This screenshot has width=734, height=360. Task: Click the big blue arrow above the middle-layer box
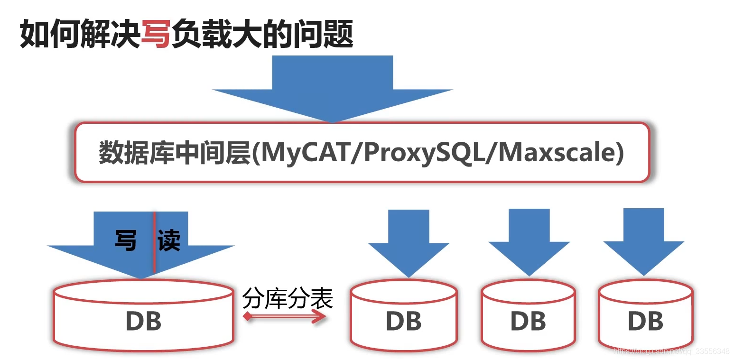(x=332, y=88)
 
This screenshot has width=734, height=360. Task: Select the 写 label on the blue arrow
(x=126, y=240)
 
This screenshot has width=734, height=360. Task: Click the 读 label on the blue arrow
(x=169, y=240)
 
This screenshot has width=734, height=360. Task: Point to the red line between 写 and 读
(x=154, y=242)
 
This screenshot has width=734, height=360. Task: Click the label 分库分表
(x=288, y=298)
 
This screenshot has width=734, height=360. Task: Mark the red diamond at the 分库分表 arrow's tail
(x=247, y=316)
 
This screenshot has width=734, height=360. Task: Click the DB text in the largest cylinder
(x=143, y=321)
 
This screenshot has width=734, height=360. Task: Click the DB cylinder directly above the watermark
(x=645, y=315)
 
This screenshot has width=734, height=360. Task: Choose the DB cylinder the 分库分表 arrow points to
(x=403, y=315)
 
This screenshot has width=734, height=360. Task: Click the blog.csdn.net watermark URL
(x=671, y=351)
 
